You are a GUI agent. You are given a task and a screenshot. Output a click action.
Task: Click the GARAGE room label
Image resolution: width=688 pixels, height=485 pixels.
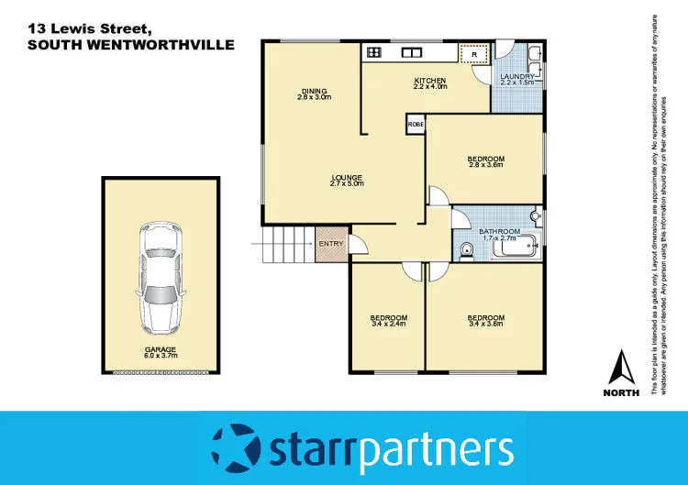pos(160,351)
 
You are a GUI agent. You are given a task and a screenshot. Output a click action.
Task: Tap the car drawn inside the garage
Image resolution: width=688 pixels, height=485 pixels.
pos(160,279)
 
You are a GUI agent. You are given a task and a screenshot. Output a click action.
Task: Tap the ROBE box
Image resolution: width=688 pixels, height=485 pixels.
pos(415,124)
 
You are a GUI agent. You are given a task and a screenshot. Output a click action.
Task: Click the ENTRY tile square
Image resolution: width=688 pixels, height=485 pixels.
pos(330,244)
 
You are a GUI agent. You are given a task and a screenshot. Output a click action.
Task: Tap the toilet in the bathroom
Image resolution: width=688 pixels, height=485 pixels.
pos(466,248)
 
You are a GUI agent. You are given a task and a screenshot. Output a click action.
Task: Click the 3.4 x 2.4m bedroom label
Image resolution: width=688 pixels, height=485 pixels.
pos(389,321)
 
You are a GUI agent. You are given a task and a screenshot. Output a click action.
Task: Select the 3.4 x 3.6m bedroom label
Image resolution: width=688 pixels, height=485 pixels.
pos(486,321)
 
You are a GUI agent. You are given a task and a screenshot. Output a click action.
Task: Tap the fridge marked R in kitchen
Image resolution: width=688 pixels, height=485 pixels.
pos(473,54)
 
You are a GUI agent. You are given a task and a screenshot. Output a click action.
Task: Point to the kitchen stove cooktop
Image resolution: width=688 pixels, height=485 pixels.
pos(374,52)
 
